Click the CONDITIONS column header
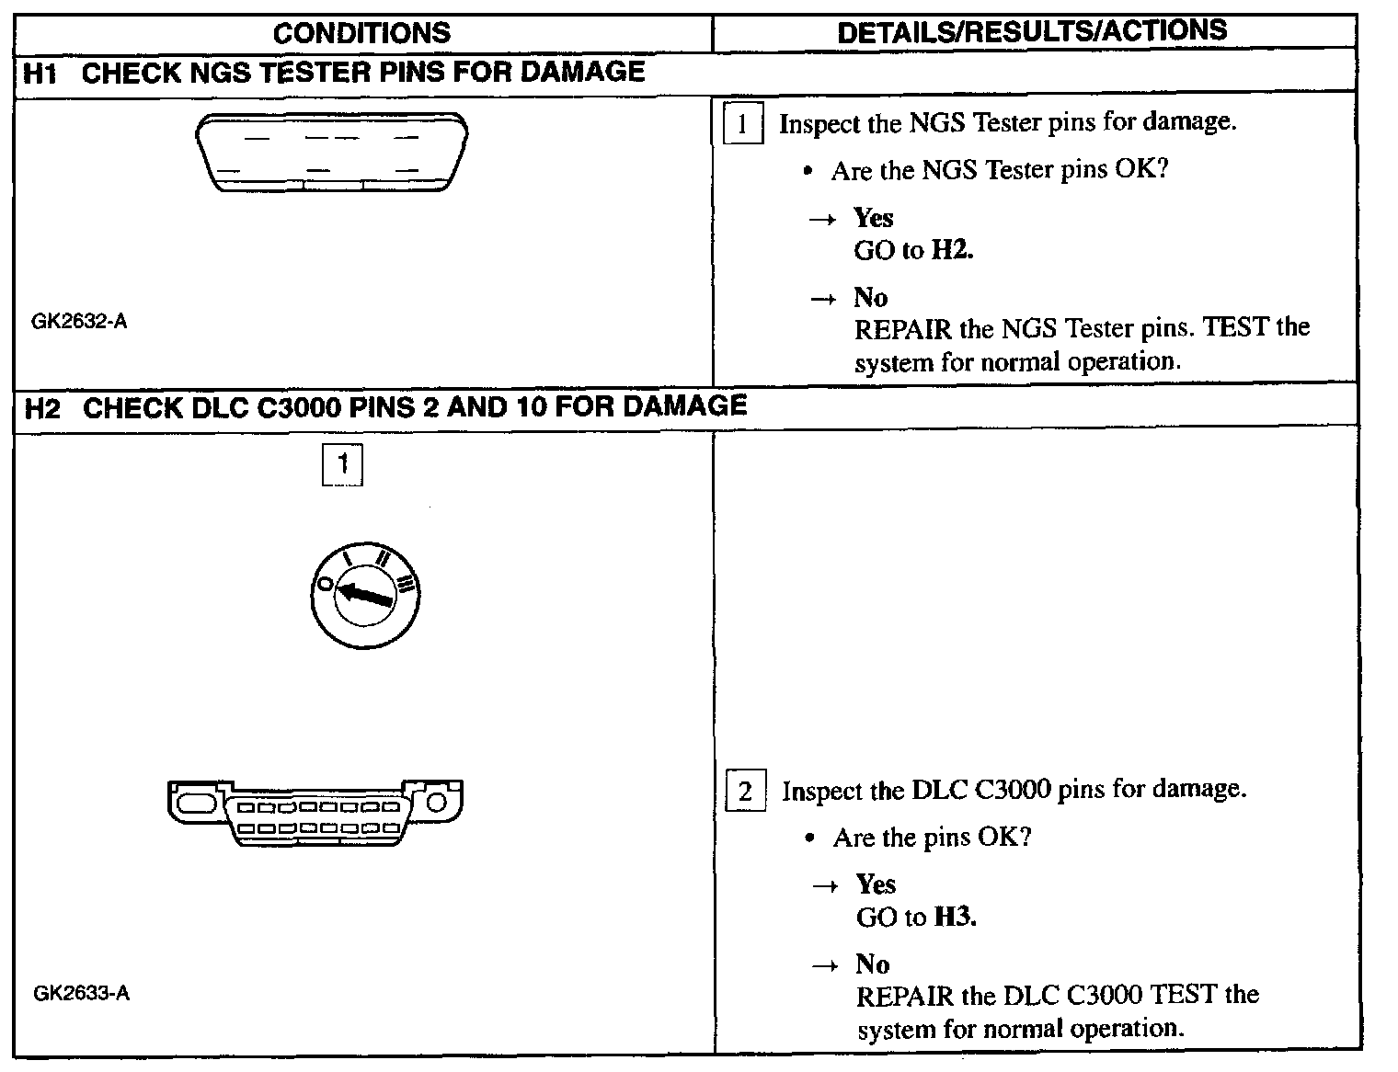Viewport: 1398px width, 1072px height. coord(361,33)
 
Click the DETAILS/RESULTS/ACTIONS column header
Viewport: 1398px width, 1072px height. coord(1032,31)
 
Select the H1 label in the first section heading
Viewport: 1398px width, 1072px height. coord(41,73)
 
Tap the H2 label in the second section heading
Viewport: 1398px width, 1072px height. coord(42,407)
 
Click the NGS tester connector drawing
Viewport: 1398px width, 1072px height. coord(331,153)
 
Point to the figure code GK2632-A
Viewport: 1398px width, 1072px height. coord(79,322)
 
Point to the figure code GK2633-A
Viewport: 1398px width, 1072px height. coord(81,993)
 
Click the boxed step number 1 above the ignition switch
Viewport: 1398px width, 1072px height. coord(342,464)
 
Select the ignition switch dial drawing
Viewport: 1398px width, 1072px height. coord(364,595)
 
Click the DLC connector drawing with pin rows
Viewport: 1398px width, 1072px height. coord(315,813)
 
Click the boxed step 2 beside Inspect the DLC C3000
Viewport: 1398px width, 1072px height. coord(745,792)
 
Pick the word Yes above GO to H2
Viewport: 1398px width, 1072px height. coord(873,218)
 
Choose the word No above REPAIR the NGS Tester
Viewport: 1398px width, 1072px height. coord(870,297)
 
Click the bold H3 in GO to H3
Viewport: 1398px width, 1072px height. coord(955,917)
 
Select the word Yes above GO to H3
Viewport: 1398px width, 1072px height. coord(876,884)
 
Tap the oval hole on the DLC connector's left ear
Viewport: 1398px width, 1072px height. coord(195,803)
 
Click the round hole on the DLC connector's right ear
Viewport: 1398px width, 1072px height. coord(438,803)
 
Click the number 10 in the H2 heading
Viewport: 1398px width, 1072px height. coord(532,407)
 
